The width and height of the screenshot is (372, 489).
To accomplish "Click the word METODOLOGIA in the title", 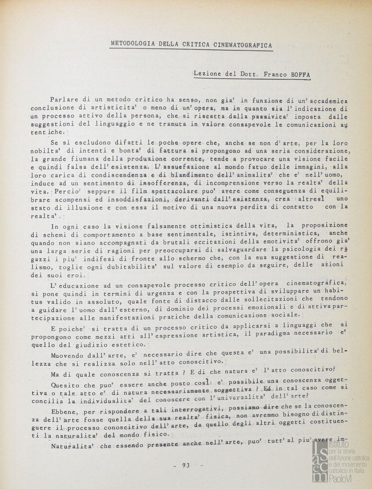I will click(131, 44).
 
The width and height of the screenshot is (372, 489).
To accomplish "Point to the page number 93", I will click(185, 465).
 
